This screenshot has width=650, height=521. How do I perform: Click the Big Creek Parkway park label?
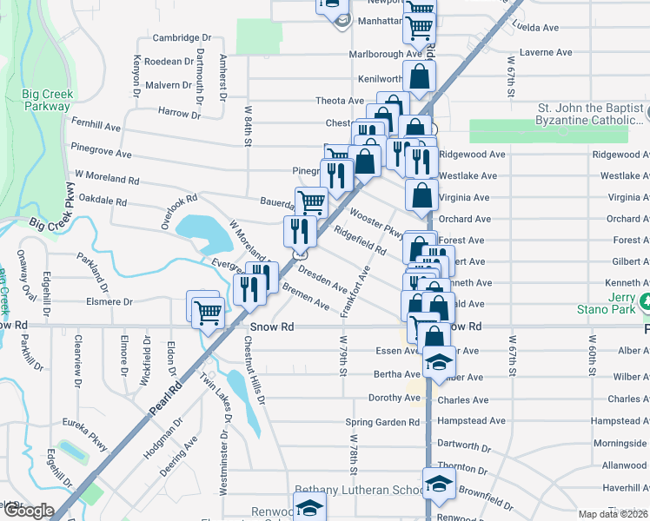[x=48, y=100]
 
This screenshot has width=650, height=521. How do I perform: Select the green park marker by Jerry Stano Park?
[x=645, y=302]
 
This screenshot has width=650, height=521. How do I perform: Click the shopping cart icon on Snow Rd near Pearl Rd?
[x=209, y=313]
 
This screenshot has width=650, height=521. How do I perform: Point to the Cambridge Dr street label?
[x=182, y=38]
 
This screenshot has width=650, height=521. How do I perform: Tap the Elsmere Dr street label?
[x=103, y=302]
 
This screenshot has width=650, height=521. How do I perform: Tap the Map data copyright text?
[x=614, y=514]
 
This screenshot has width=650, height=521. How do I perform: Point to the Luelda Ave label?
[x=543, y=26]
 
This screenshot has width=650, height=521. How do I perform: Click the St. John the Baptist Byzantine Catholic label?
[x=591, y=115]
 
